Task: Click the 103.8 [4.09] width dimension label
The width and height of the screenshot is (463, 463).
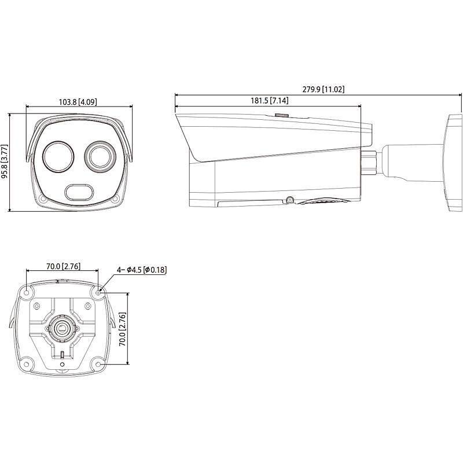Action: (78, 102)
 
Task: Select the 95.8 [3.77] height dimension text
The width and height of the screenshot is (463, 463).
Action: (6, 161)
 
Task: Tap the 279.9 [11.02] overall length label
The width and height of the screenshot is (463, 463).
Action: (324, 89)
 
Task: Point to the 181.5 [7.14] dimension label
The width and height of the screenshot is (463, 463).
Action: (270, 101)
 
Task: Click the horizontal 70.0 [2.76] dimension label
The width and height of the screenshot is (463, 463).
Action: (63, 267)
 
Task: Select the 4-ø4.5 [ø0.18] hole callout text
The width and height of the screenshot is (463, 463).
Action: (142, 270)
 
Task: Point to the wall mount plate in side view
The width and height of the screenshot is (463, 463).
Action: (451, 161)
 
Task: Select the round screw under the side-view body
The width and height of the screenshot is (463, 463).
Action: (289, 200)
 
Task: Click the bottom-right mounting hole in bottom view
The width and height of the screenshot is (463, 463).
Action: (98, 363)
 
